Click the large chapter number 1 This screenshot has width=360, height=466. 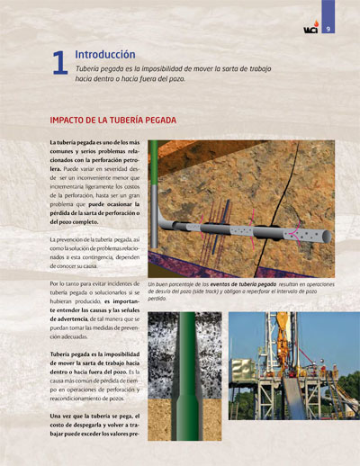60,62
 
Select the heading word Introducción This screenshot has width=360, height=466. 105,54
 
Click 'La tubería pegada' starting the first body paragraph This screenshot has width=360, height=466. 73,145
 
